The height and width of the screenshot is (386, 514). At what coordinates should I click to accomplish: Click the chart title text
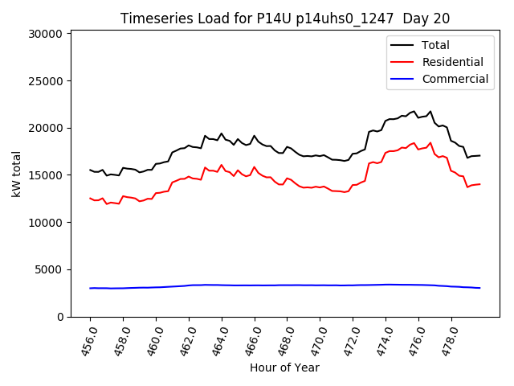click(285, 18)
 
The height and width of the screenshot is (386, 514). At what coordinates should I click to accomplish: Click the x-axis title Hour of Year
click(285, 368)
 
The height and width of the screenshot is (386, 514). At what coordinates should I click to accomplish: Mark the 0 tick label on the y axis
click(60, 317)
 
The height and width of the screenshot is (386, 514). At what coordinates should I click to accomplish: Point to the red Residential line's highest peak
click(430, 143)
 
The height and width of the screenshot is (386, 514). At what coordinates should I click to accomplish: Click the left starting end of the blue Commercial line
click(90, 288)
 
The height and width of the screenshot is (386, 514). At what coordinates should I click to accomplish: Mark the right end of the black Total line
click(479, 155)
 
